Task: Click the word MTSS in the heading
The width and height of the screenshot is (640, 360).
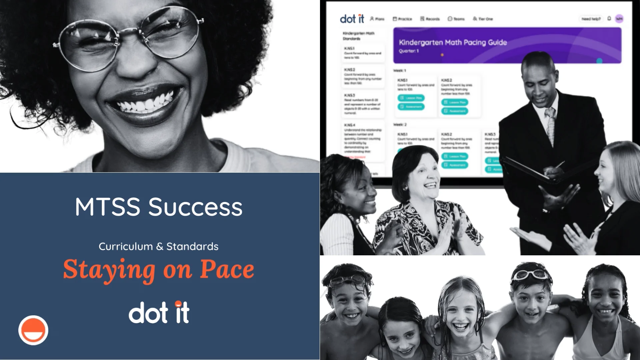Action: click(x=107, y=207)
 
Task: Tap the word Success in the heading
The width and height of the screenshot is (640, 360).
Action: click(x=195, y=207)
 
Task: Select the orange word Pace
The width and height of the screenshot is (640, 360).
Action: click(x=227, y=269)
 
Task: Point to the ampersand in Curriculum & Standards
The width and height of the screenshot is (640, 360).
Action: click(x=159, y=247)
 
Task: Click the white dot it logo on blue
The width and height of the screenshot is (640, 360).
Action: click(x=159, y=312)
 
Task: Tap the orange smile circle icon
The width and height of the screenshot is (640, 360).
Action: click(x=33, y=330)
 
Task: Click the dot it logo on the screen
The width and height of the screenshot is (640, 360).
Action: click(x=352, y=19)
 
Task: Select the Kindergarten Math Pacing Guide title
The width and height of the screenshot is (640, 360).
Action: click(x=453, y=42)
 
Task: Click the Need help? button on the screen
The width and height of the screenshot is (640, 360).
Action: click(x=591, y=19)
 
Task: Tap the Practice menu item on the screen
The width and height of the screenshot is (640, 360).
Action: click(x=402, y=19)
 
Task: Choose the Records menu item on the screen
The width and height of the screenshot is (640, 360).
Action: click(x=430, y=19)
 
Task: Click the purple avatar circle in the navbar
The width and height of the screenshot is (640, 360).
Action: click(x=619, y=19)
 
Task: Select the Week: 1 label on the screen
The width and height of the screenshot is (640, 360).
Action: click(x=400, y=71)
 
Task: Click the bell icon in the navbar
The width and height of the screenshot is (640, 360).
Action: click(x=609, y=19)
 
